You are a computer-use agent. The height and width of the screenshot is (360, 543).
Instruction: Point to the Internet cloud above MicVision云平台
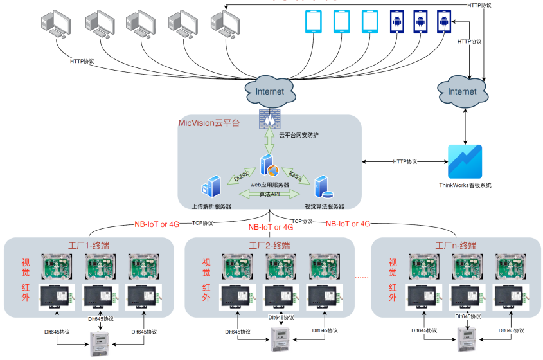pos(269,91)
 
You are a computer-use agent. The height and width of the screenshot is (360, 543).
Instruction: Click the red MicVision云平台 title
pos(209,122)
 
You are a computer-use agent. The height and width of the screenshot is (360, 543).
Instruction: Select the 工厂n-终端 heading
pos(456,246)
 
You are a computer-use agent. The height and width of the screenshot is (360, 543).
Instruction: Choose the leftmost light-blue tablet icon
pos(312,22)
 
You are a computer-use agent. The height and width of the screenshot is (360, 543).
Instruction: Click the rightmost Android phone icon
pos(444,22)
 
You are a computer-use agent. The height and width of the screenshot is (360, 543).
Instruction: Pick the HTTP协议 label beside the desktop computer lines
pos(82,62)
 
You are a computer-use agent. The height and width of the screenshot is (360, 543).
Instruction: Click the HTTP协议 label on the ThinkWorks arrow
pos(405,161)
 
